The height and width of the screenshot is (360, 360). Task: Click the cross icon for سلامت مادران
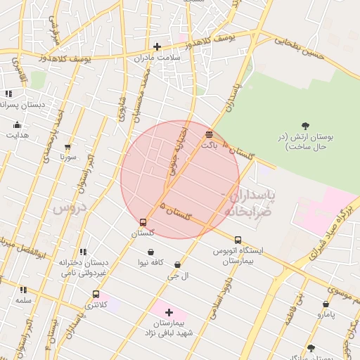(157, 46)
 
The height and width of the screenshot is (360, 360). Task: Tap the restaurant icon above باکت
(209, 134)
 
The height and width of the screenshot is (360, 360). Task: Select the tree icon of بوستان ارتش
(305, 126)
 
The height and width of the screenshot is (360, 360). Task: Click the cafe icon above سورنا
(67, 147)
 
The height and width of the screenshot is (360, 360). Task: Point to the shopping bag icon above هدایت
(17, 124)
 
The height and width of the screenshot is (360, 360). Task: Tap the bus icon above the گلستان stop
(143, 222)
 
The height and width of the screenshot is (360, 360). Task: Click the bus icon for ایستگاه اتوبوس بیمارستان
(238, 240)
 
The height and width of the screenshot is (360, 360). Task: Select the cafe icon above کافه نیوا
(150, 252)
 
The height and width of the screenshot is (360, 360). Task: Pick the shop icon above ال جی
(176, 265)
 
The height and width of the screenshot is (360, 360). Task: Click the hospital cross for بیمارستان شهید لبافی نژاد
(169, 311)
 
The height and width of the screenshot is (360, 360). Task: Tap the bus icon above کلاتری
(96, 295)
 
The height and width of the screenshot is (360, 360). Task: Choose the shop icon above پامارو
(326, 304)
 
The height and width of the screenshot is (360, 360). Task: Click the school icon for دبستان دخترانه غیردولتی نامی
(83, 252)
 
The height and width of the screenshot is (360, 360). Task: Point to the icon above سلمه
(23, 290)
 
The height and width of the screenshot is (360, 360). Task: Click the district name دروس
(67, 207)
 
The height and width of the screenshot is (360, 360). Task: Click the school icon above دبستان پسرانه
(8, 94)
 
